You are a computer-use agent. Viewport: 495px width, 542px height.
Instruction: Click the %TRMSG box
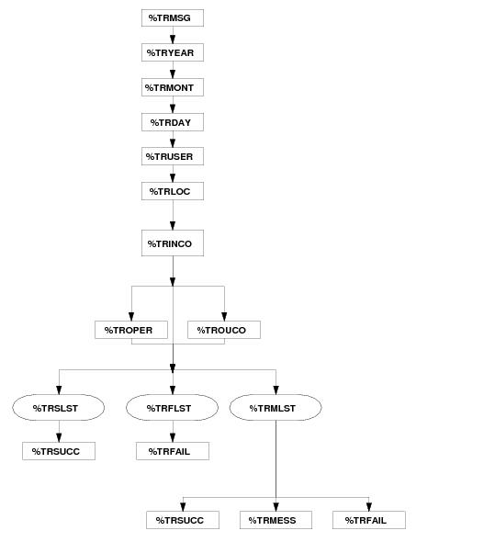pos(173,18)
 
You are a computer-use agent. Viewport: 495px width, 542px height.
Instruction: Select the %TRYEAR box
pos(173,52)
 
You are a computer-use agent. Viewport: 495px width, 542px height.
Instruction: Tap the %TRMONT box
pos(173,87)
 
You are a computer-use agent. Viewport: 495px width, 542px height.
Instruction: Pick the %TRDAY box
pos(173,122)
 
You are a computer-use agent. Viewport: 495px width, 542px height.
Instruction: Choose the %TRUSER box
pos(173,156)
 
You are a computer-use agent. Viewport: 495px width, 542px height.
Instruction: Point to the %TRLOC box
pos(173,191)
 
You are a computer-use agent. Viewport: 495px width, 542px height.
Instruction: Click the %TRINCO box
pos(173,243)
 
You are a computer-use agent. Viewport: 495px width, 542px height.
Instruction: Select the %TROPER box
pos(131,330)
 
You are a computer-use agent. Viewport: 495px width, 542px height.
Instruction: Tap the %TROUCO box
pos(224,330)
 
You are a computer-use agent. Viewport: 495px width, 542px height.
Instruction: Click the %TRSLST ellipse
pos(59,408)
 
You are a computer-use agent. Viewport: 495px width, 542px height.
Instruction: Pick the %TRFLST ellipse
pos(172,408)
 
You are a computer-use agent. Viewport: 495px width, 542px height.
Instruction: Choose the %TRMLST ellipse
pos(276,408)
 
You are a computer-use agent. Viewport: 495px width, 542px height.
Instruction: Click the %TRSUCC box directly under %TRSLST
pos(59,451)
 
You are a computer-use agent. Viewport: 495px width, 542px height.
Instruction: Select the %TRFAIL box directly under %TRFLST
pos(173,451)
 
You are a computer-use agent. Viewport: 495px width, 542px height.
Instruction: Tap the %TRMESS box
pos(276,520)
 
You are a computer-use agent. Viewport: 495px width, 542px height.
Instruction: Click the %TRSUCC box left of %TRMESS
pos(183,520)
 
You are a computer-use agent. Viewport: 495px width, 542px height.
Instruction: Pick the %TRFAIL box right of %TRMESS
pos(369,520)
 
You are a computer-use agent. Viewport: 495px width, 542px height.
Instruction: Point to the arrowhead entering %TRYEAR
pos(173,40)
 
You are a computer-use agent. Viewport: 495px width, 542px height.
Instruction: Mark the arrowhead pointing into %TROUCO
pos(224,317)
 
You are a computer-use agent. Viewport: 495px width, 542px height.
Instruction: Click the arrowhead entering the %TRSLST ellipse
pos(59,390)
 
